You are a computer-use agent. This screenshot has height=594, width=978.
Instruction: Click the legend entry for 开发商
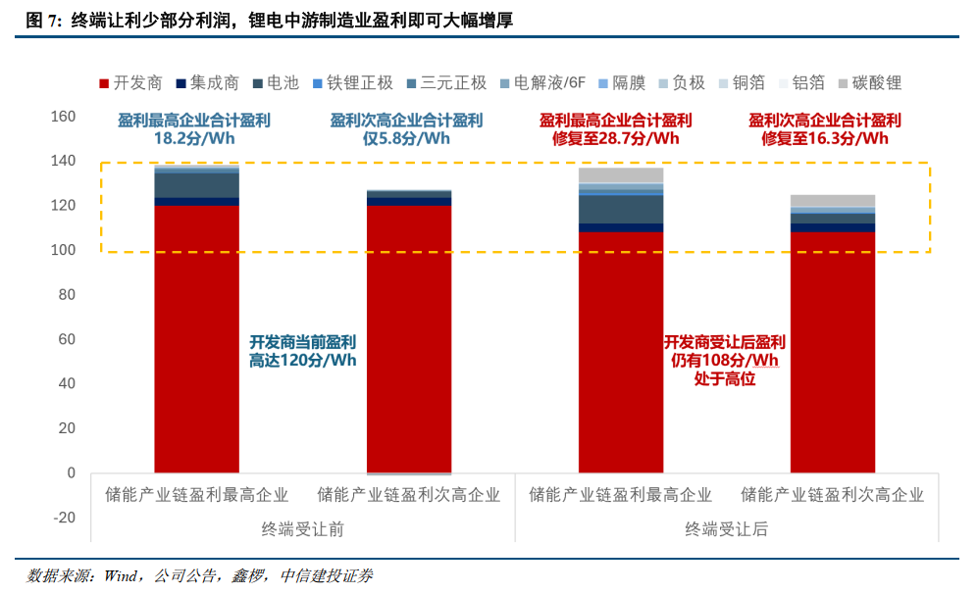pyautogui.click(x=131, y=83)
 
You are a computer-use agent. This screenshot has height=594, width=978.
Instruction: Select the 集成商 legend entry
pyautogui.click(x=207, y=83)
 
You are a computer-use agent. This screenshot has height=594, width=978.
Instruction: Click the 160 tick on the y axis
pyautogui.click(x=63, y=117)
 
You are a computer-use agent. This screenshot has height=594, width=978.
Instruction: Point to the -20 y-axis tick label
pyautogui.click(x=63, y=518)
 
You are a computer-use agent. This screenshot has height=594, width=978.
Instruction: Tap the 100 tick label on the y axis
pyautogui.click(x=63, y=250)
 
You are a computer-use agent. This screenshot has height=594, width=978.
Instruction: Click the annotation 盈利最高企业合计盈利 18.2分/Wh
pyautogui.click(x=194, y=129)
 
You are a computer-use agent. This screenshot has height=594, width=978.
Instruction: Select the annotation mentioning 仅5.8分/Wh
pyautogui.click(x=406, y=138)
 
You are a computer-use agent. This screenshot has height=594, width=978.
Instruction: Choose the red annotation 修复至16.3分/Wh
pyautogui.click(x=824, y=138)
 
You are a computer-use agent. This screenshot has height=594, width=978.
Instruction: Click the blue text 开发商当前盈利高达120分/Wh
pyautogui.click(x=302, y=351)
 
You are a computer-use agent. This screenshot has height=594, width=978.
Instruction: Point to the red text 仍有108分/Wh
pyautogui.click(x=724, y=361)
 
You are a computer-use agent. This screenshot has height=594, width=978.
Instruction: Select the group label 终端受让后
pyautogui.click(x=726, y=529)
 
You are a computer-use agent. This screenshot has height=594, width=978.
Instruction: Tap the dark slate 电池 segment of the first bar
pyautogui.click(x=196, y=185)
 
